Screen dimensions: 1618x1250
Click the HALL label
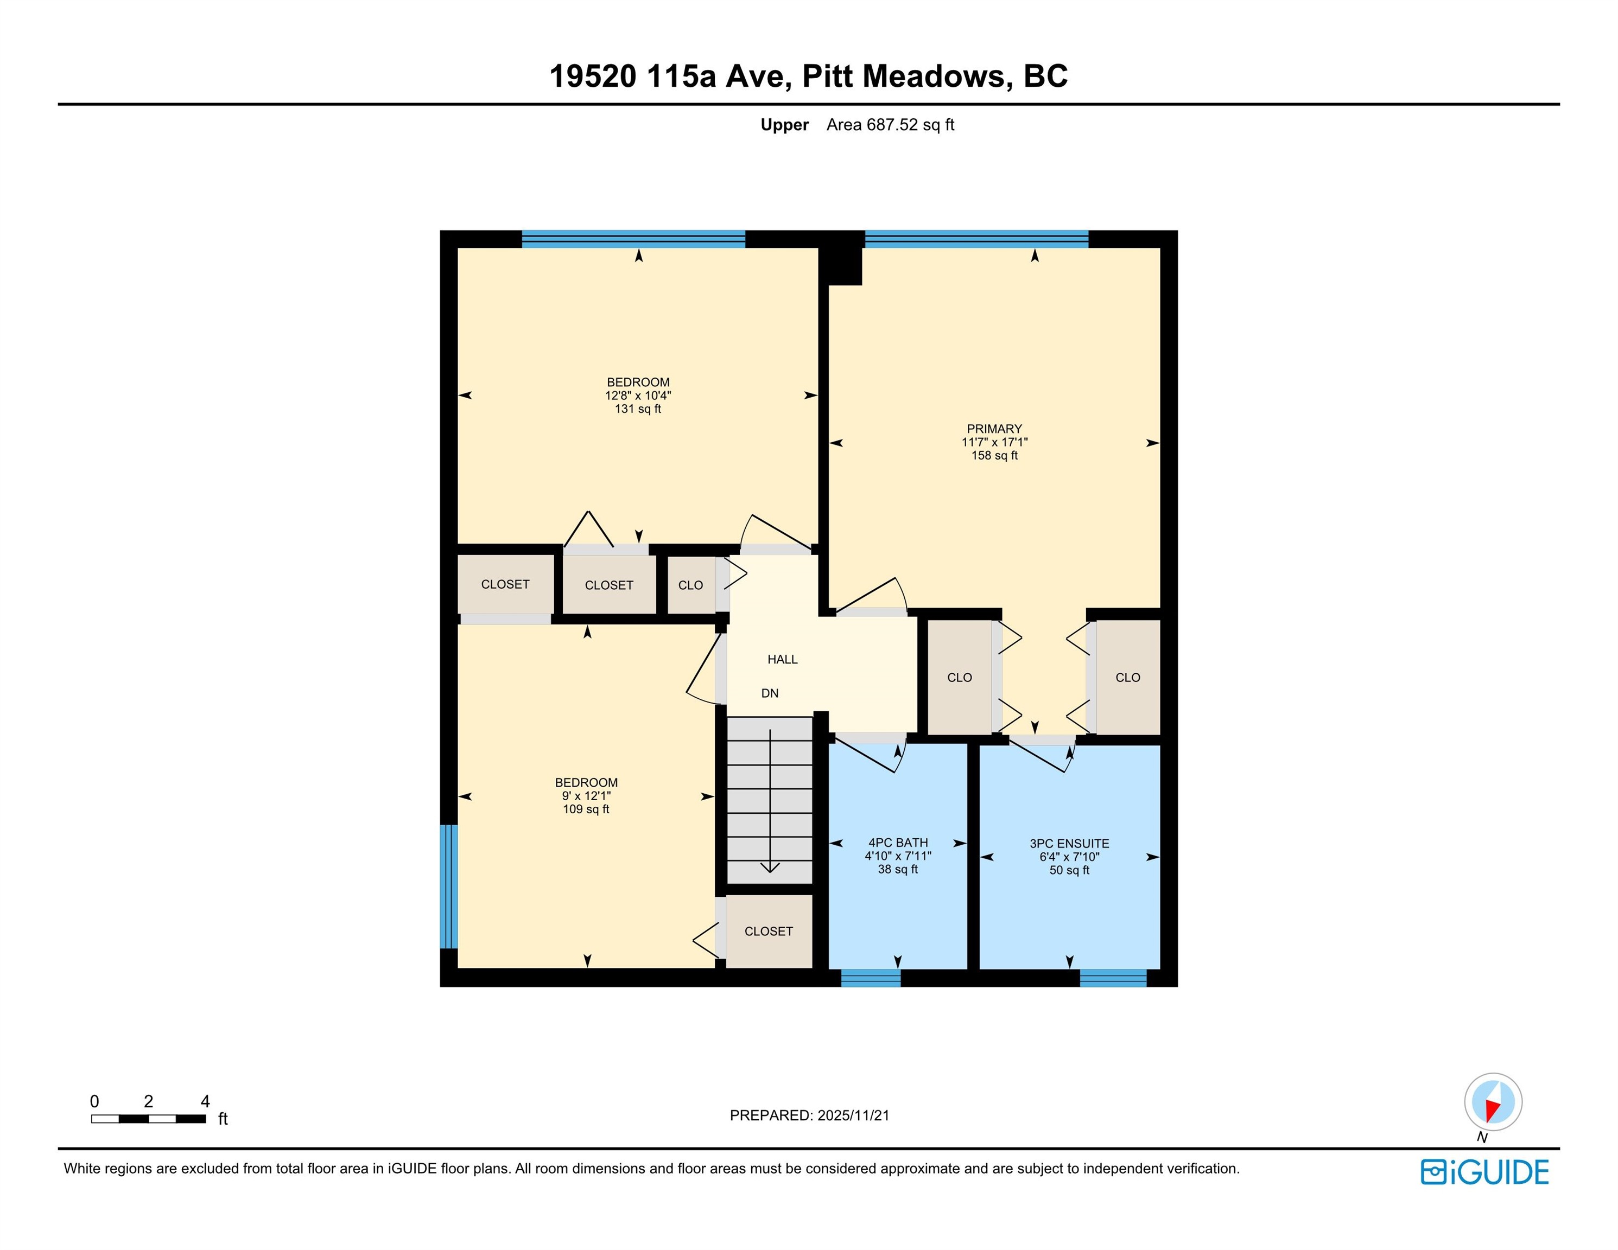(782, 660)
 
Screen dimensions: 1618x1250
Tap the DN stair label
(770, 694)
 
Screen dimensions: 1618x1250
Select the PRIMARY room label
(994, 429)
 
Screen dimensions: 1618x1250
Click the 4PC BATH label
(898, 843)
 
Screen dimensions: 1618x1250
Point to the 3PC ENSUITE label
(1069, 844)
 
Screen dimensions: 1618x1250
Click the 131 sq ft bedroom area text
(638, 409)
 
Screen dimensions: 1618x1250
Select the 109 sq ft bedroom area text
(586, 809)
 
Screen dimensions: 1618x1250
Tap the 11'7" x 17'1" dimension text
(994, 442)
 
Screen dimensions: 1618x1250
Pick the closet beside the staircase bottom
(769, 931)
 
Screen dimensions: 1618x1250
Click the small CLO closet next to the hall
(691, 585)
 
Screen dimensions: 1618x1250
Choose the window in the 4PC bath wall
(871, 978)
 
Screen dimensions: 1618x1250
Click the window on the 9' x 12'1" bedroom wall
(449, 887)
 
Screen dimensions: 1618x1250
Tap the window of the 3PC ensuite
(1113, 978)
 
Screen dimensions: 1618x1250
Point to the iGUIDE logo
(1484, 1172)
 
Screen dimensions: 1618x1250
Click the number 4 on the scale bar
(205, 1101)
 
